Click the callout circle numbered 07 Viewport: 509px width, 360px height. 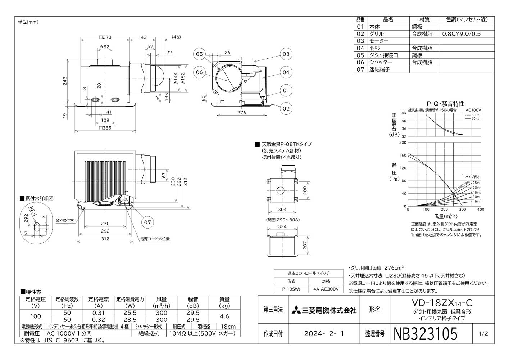(147, 222)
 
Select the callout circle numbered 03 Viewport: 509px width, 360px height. (286, 54)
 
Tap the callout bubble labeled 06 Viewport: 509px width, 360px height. (200, 72)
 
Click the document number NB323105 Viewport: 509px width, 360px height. (426, 334)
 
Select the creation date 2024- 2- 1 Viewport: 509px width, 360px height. (324, 334)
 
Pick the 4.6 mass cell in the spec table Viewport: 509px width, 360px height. (224, 316)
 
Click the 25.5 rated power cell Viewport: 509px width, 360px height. (130, 313)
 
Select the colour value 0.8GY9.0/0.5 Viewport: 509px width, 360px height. (461, 34)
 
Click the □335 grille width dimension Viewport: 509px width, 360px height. (105, 128)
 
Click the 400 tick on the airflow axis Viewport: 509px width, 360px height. (481, 210)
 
